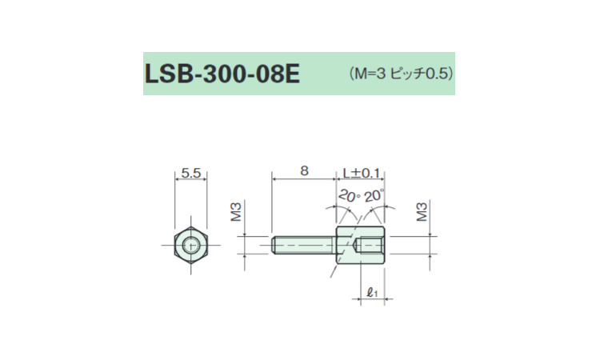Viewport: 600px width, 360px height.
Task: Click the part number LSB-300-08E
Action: click(x=222, y=74)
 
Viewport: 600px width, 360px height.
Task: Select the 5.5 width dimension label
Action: click(x=191, y=173)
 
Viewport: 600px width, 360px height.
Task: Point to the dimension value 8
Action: click(x=304, y=170)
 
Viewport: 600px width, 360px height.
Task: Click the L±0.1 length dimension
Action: click(x=361, y=173)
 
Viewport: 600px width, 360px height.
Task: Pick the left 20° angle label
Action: click(x=349, y=196)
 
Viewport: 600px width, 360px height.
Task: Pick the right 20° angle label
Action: click(x=373, y=195)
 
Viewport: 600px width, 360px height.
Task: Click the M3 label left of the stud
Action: click(x=236, y=212)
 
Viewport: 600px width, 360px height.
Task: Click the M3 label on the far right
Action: click(x=422, y=212)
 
